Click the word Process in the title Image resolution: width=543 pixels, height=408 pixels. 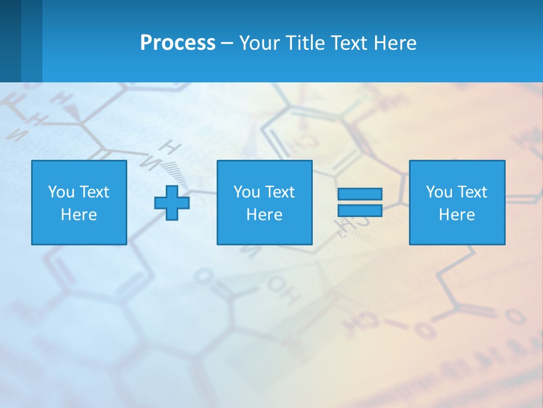(x=178, y=43)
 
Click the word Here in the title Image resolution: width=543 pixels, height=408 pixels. (x=395, y=43)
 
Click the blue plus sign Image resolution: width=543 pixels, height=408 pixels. (x=172, y=202)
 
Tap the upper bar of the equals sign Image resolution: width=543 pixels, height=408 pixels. (x=360, y=194)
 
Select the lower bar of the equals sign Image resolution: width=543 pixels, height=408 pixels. (x=360, y=210)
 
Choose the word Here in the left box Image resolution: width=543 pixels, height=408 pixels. (x=79, y=215)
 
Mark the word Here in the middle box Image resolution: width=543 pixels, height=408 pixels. (x=264, y=215)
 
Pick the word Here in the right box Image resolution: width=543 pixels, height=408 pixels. (x=456, y=215)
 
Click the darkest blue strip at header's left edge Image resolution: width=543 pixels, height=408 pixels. (x=10, y=41)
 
